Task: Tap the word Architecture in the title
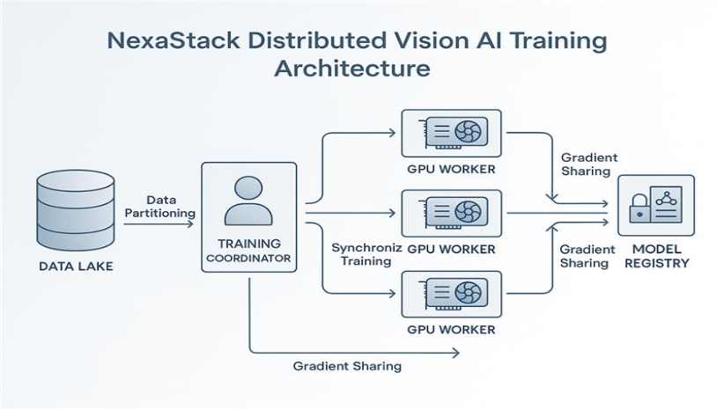[352, 69]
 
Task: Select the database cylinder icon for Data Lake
[76, 211]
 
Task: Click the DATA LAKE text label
[75, 266]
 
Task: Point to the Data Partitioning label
[160, 207]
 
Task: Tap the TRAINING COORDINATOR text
[248, 251]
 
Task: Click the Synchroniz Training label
[366, 255]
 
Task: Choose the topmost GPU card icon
[451, 133]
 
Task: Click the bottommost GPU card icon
[451, 294]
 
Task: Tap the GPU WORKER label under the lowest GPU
[451, 330]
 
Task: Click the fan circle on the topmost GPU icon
[467, 133]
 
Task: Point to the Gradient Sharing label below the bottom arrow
[349, 365]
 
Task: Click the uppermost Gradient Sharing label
[588, 164]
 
